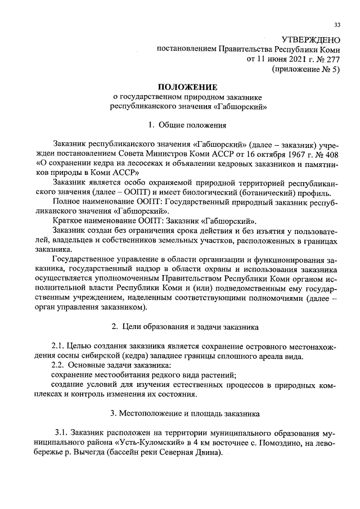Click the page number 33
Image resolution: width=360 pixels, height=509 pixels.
click(x=337, y=25)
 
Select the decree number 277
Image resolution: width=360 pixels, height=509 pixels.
click(x=334, y=59)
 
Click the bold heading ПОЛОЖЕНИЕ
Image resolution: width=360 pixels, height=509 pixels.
click(x=187, y=87)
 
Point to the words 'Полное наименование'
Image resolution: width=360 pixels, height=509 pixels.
click(x=93, y=201)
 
